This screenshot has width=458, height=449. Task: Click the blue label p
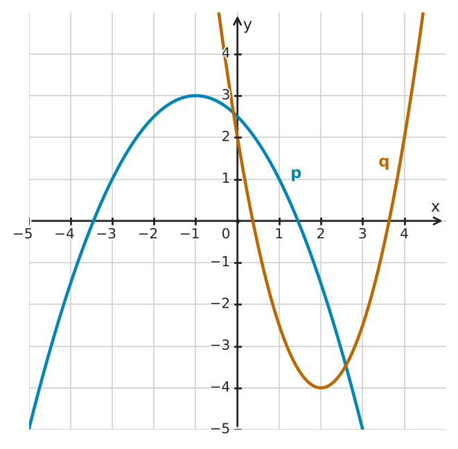(296, 175)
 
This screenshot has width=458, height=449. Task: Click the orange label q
(384, 162)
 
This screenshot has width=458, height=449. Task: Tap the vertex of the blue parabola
(195, 96)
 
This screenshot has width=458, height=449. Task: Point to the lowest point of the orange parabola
(321, 387)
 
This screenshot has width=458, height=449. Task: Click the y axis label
(247, 26)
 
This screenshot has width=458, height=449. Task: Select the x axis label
(435, 206)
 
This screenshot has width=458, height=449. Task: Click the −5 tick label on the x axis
(23, 234)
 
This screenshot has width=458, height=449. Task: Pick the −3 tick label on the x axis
(106, 234)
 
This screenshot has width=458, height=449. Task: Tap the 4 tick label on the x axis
(404, 234)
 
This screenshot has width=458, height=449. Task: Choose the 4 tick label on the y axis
(225, 53)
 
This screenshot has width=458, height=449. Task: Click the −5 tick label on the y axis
(220, 429)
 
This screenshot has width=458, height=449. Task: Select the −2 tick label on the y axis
(220, 303)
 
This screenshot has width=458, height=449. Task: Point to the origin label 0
(225, 234)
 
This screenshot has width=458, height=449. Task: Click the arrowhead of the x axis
(437, 221)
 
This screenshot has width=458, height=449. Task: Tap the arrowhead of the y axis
(238, 21)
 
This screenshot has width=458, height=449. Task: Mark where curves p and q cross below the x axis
(346, 364)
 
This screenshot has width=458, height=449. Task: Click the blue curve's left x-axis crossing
(92, 221)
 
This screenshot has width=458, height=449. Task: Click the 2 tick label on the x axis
(321, 234)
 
